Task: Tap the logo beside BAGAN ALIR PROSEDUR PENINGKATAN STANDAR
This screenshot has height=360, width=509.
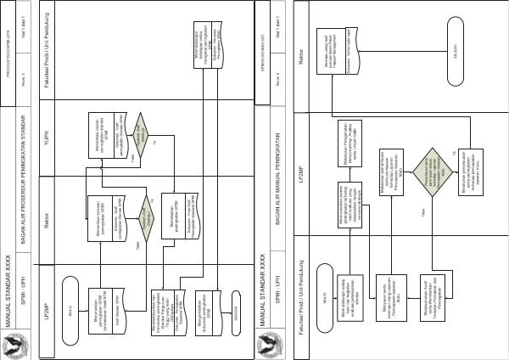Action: click(x=19, y=343)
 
